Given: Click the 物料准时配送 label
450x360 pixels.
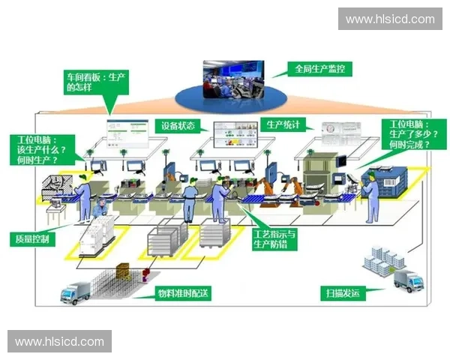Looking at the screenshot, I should tap(181, 292).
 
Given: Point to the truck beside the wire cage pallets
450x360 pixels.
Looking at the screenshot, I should tap(76, 292).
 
